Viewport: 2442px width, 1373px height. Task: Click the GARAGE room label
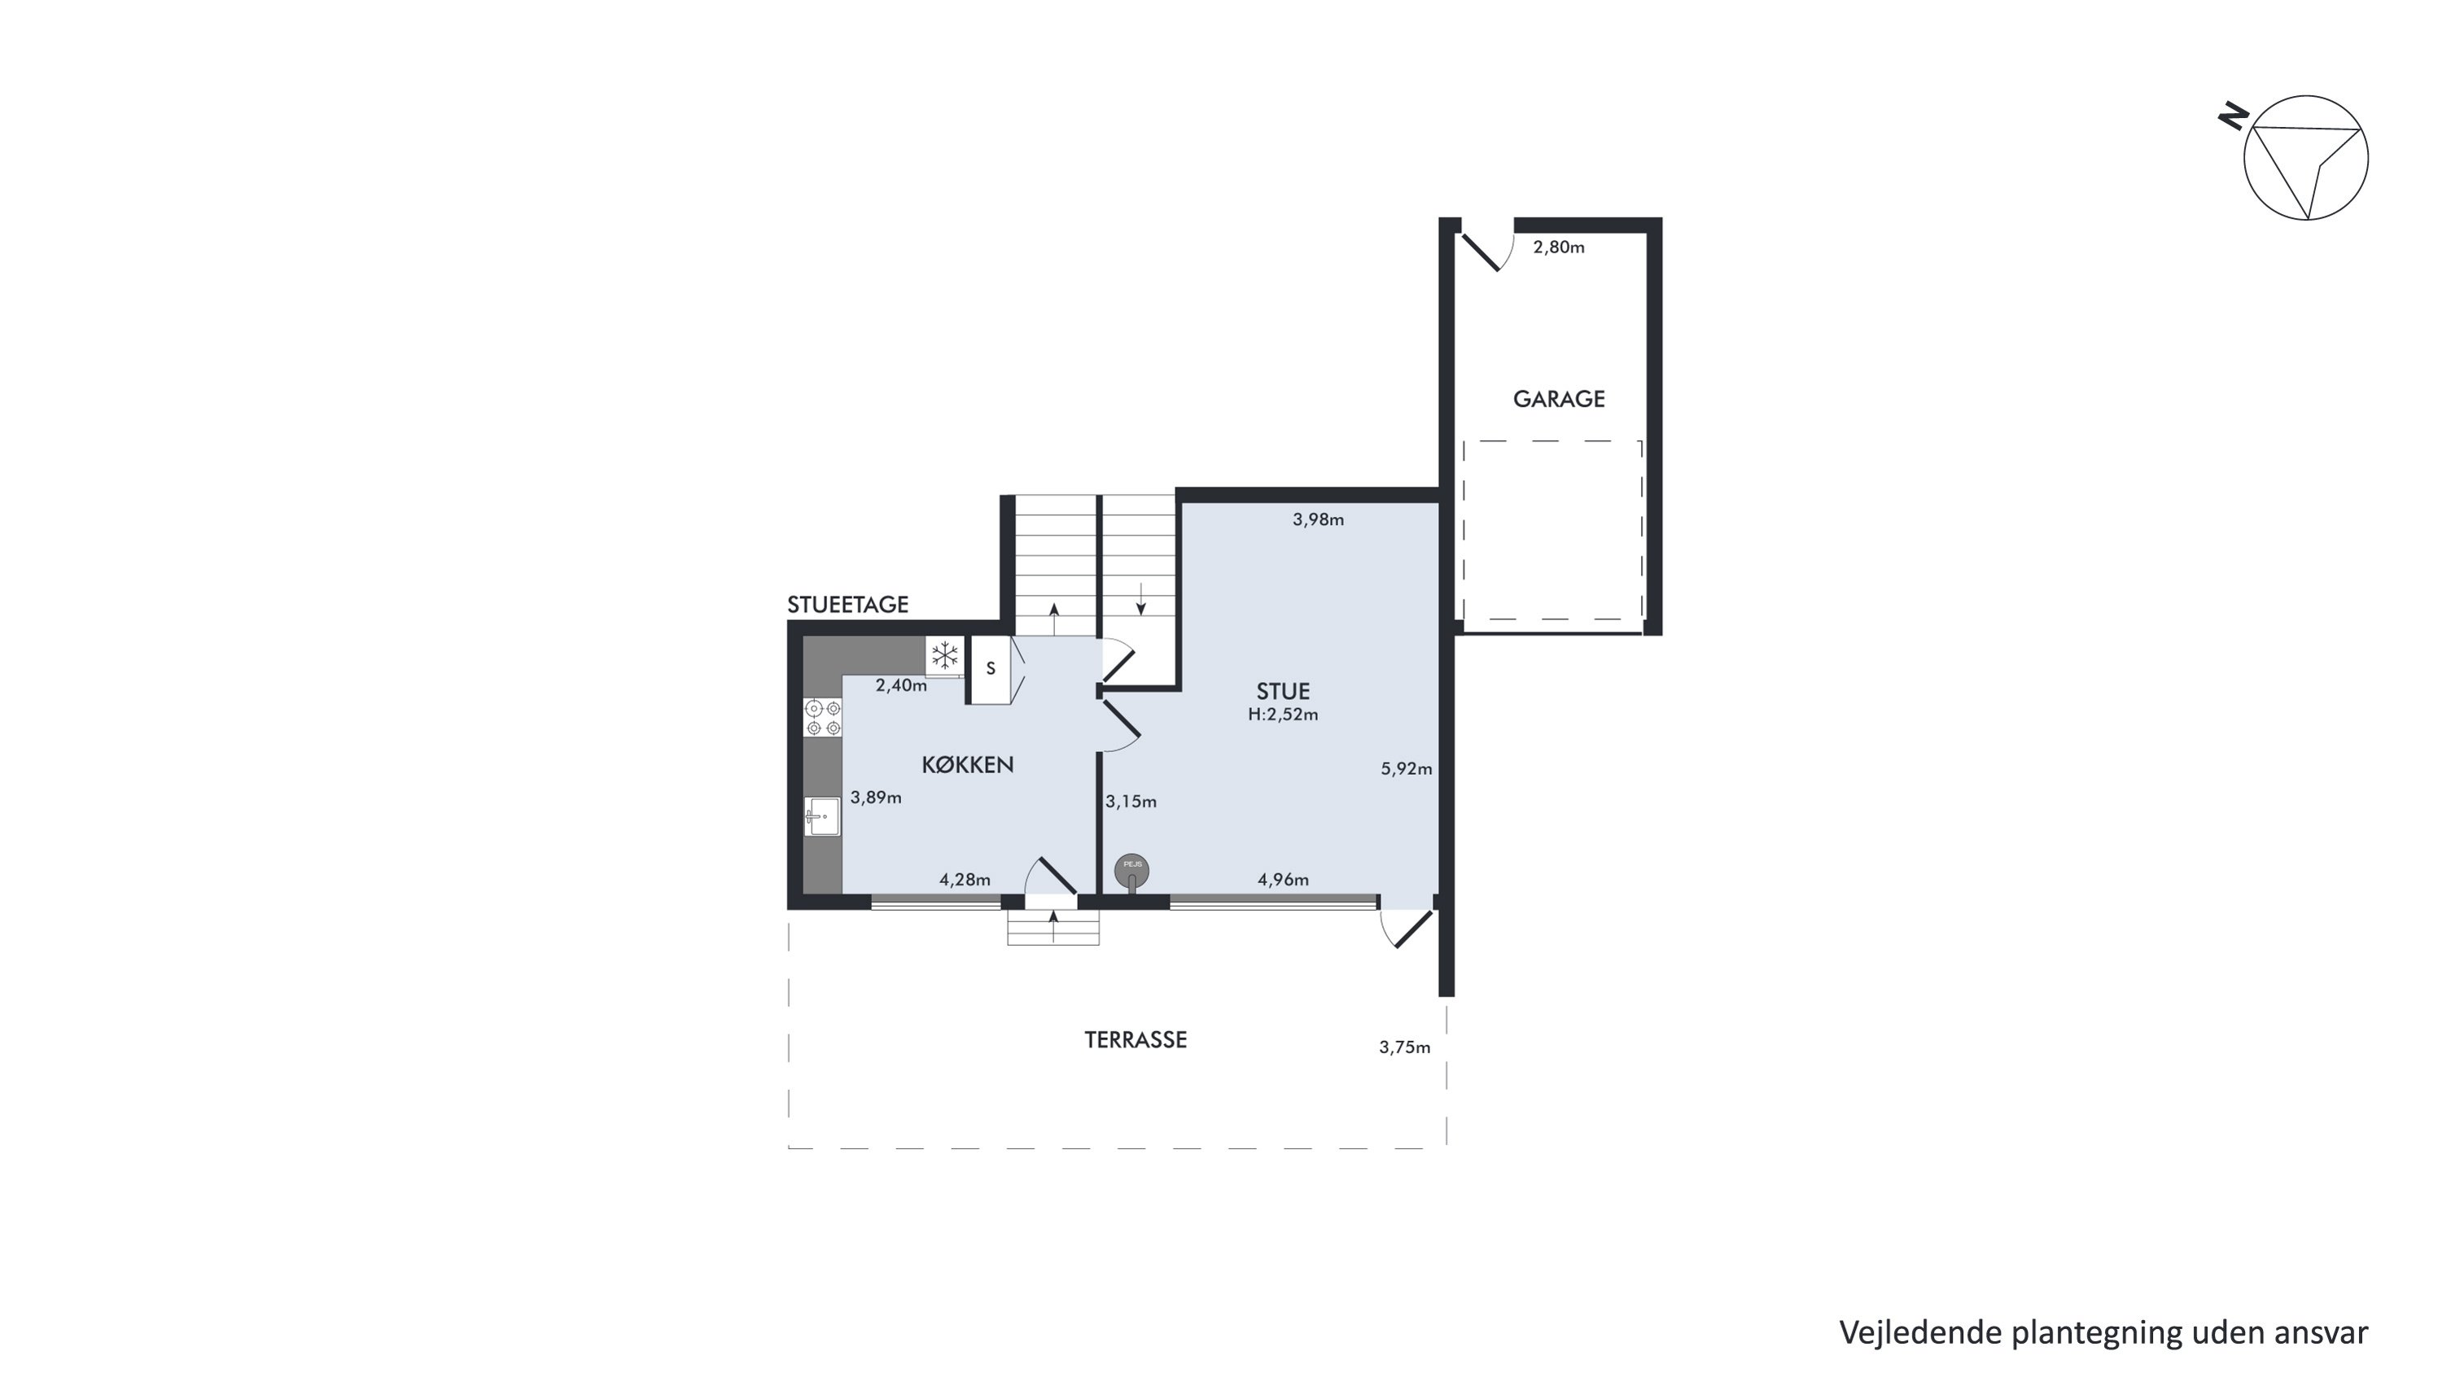tap(1559, 399)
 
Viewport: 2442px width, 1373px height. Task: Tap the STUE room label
tap(1283, 692)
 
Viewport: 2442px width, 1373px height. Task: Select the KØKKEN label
tap(967, 765)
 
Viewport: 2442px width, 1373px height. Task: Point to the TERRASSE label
tap(1136, 1039)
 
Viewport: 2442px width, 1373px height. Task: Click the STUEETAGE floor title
tap(847, 605)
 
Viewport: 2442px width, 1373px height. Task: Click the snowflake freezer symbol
tap(944, 654)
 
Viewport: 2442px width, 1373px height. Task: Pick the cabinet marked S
tap(991, 669)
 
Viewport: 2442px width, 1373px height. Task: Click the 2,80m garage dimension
tap(1559, 247)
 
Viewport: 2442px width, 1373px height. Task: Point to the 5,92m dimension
tap(1406, 768)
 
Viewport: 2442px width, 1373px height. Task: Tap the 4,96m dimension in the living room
tap(1283, 879)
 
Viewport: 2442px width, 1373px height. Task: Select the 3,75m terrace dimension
tap(1404, 1047)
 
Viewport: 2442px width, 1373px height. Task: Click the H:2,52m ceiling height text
tap(1283, 715)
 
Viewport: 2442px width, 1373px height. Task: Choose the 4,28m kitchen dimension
tap(964, 879)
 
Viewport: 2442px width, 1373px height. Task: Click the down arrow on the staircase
tap(1140, 598)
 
